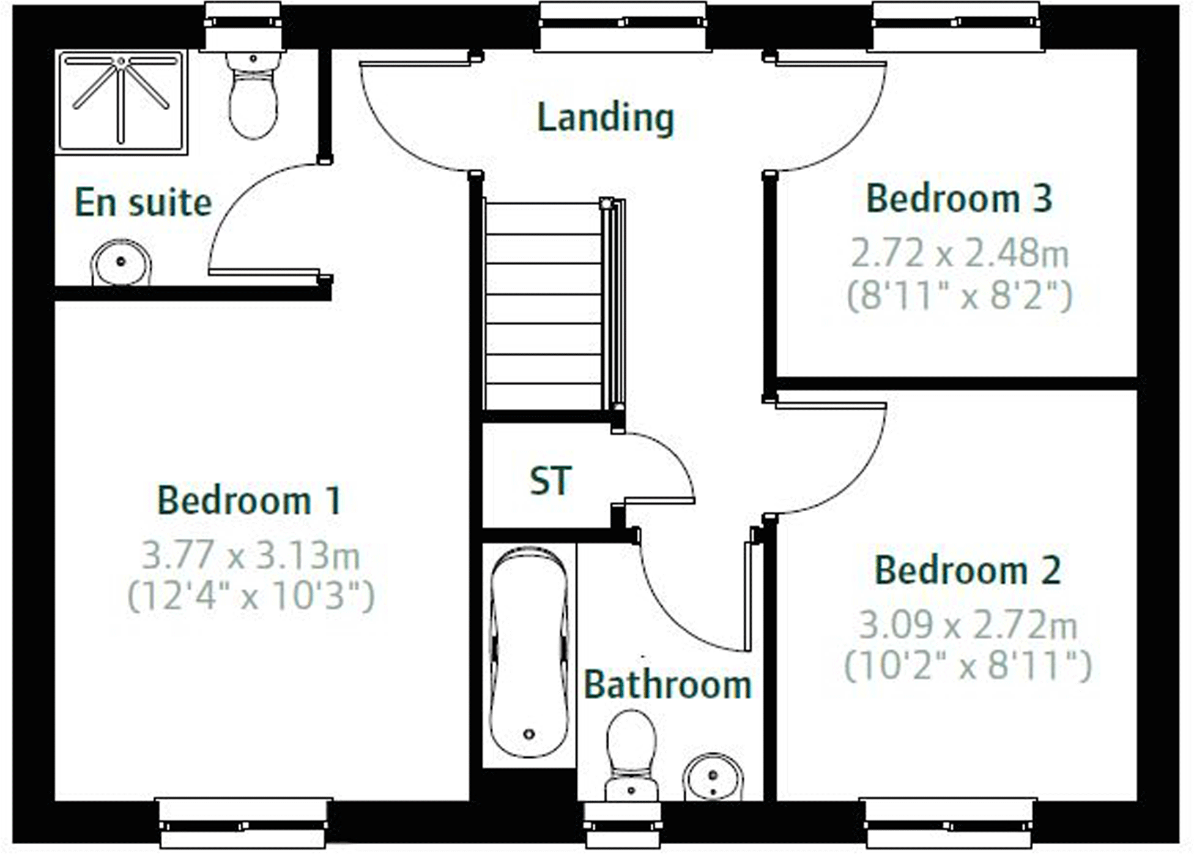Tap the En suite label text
pyautogui.click(x=143, y=203)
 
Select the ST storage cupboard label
pyautogui.click(x=551, y=481)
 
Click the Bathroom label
pyautogui.click(x=667, y=684)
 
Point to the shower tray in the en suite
pyautogui.click(x=121, y=101)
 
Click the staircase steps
pyautogui.click(x=543, y=306)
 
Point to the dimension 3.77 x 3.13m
pyautogui.click(x=251, y=555)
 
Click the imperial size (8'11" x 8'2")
pyautogui.click(x=959, y=296)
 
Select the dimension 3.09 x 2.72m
pyautogui.click(x=968, y=625)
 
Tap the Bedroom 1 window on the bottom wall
pyautogui.click(x=243, y=824)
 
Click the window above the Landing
pyautogui.click(x=623, y=24)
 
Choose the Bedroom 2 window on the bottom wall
pyautogui.click(x=949, y=824)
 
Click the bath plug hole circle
pyautogui.click(x=529, y=733)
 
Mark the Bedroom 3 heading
pyautogui.click(x=959, y=199)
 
